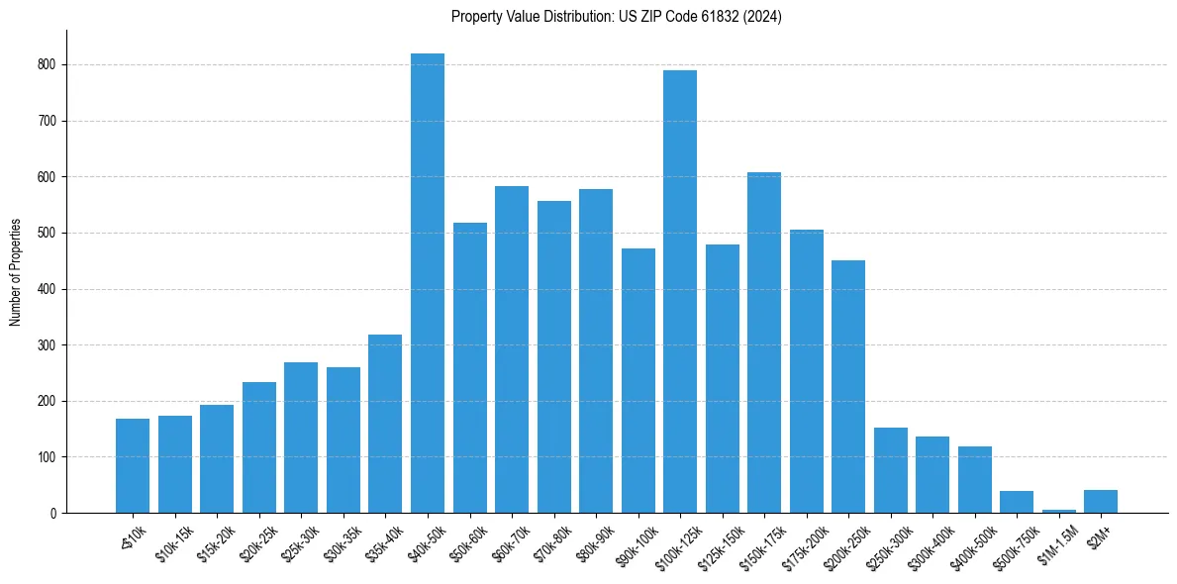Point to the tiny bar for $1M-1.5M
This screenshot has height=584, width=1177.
click(x=1058, y=511)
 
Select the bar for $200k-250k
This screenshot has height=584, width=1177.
click(x=848, y=387)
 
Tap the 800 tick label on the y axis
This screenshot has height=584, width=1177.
click(x=47, y=65)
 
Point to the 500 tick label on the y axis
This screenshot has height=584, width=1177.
click(x=47, y=234)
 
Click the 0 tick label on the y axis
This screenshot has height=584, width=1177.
click(x=52, y=514)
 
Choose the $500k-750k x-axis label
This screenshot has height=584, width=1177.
click(x=1012, y=541)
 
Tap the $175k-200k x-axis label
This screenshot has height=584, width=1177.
click(x=802, y=541)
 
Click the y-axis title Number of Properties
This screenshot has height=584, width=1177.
click(x=16, y=271)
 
